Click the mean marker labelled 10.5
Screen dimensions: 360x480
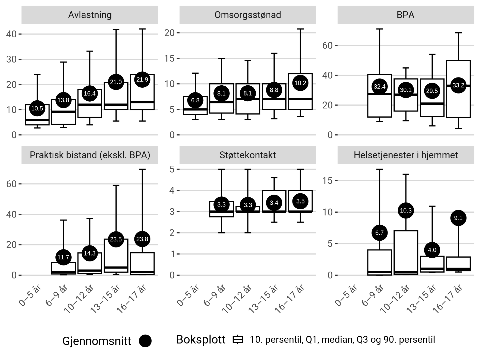point(37,108)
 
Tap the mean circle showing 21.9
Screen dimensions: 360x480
point(142,80)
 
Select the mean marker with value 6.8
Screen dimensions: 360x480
point(195,100)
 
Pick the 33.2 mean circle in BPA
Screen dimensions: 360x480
point(458,85)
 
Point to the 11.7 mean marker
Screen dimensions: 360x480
point(63,257)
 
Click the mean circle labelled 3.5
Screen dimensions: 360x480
point(300,201)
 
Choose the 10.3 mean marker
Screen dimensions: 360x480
point(406,210)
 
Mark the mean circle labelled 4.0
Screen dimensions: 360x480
point(432,250)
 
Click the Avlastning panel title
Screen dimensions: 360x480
point(90,15)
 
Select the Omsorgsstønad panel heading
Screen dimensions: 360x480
point(248,15)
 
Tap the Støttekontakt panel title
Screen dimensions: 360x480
point(248,155)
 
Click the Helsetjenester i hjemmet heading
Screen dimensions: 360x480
point(406,155)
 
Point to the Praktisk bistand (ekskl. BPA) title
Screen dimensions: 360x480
point(90,155)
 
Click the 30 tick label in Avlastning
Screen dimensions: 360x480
point(11,59)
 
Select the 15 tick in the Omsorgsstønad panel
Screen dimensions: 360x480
point(169,58)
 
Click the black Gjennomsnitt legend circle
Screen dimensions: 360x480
point(145,341)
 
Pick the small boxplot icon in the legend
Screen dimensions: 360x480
point(238,340)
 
